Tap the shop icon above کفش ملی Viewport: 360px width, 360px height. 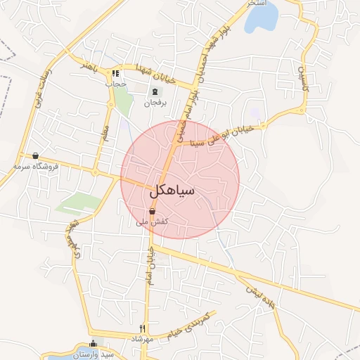(x=152, y=211)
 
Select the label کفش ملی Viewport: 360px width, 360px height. (x=152, y=221)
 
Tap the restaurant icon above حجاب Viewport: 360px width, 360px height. (x=115, y=73)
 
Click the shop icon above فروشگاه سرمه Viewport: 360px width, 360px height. (x=34, y=155)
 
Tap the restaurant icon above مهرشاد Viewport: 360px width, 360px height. (x=142, y=328)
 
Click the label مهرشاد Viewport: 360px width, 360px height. (x=142, y=339)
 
